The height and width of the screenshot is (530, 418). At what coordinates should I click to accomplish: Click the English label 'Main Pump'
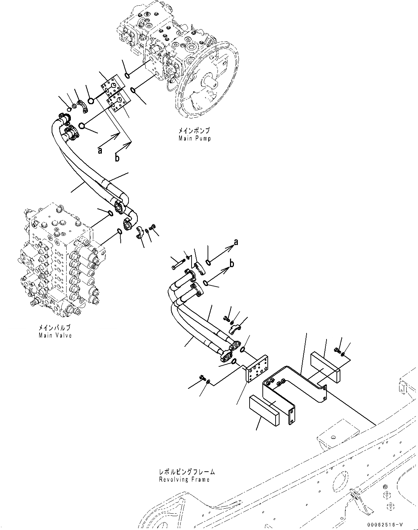pos(194,138)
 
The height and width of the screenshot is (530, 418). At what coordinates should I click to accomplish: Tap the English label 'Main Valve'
pos(55,335)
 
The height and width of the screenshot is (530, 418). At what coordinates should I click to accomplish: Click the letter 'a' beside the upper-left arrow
pos(100,151)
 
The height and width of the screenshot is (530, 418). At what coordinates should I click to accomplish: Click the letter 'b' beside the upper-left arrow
pos(117,158)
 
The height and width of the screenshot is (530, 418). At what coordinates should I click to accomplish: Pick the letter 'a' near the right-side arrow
pos(236,242)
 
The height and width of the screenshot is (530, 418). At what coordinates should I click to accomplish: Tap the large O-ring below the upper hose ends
pos(82,126)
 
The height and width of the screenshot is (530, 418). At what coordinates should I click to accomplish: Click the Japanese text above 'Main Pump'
pos(194,131)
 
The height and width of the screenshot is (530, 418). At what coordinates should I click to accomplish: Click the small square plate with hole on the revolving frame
pos(334,436)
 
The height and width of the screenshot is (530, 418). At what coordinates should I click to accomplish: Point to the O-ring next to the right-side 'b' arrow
pos(205,283)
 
